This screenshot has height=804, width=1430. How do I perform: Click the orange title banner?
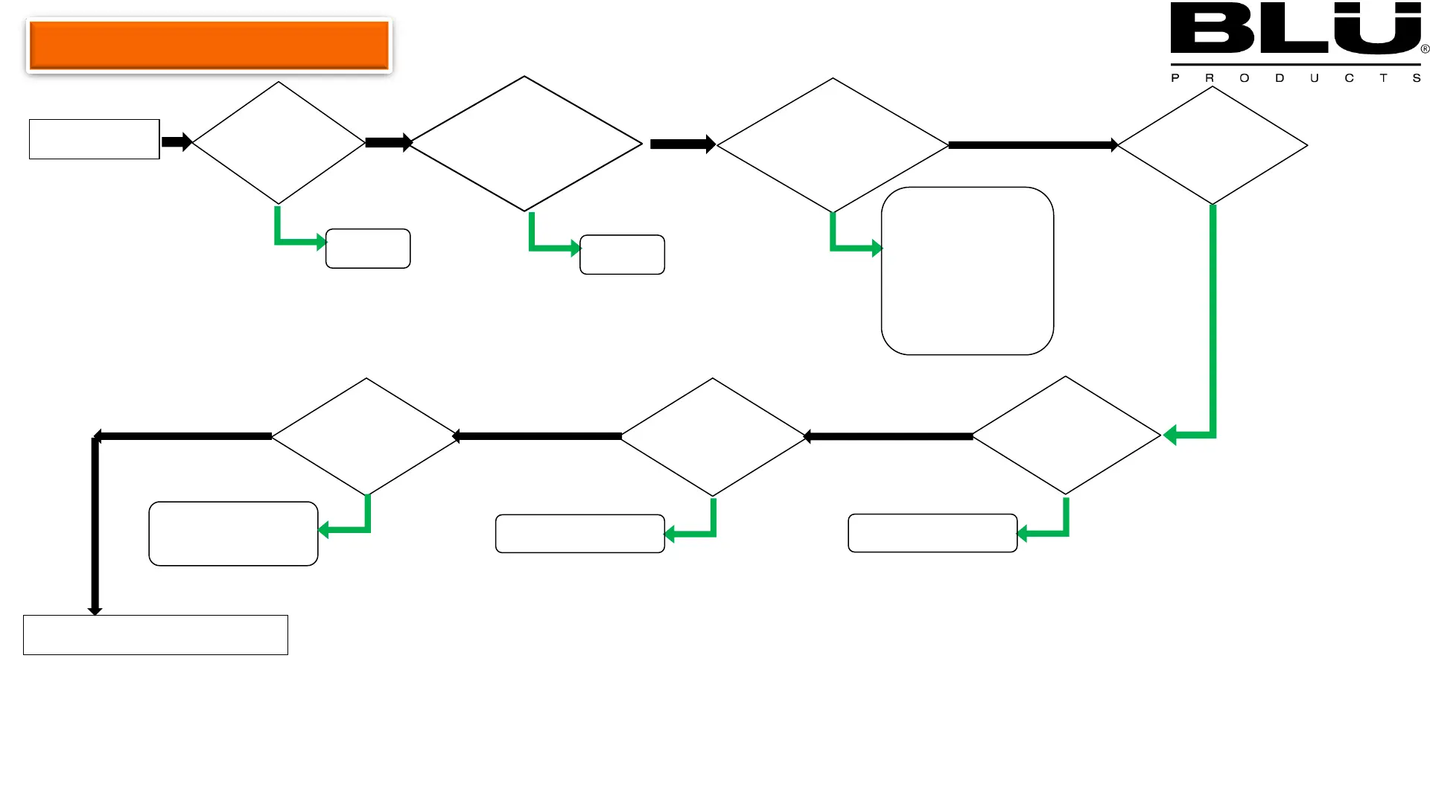pos(209,45)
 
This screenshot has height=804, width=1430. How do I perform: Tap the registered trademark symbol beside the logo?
pos(1425,49)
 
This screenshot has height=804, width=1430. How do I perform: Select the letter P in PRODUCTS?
pos(1175,78)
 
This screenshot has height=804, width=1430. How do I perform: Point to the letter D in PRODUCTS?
pos(1280,78)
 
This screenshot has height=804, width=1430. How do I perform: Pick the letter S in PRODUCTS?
pos(1417,78)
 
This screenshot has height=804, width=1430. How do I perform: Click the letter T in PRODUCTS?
pos(1383,78)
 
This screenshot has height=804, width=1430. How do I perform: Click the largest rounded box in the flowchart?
pos(967,270)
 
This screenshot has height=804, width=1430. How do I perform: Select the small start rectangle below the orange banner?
pos(94,139)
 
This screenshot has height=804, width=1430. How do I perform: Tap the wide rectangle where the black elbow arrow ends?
pos(155,635)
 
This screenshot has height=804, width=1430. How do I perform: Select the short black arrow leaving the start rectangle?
pos(177,141)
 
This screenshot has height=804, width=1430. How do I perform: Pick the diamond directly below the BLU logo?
pos(1212,145)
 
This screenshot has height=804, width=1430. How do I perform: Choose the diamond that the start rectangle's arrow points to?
pos(279,142)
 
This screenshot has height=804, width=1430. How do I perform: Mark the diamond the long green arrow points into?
pos(1066,435)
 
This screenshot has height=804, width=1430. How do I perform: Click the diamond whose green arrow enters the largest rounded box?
pos(832,145)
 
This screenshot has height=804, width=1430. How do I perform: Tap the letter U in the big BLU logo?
pos(1376,30)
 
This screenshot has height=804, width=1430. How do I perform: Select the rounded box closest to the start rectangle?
pos(368,249)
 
